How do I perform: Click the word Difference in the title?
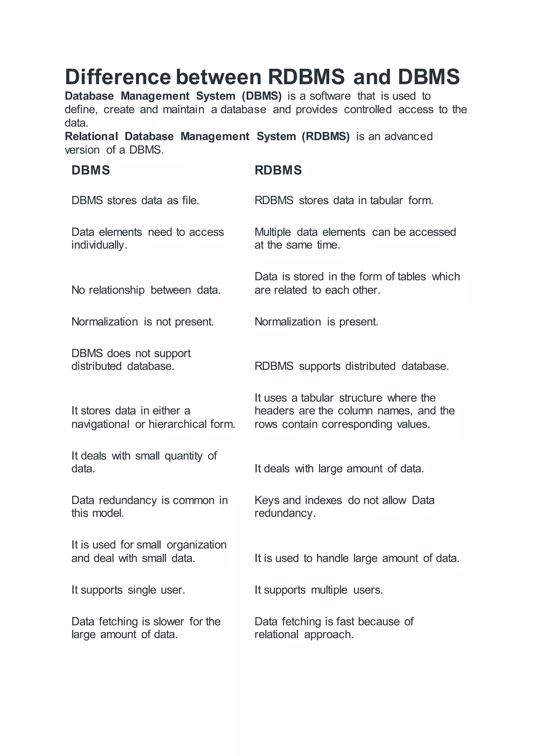click(118, 77)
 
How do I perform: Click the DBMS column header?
click(91, 170)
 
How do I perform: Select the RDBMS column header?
click(278, 170)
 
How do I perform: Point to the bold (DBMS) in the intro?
click(262, 96)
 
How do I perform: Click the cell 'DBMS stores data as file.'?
click(135, 200)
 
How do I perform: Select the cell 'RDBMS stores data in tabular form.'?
click(344, 200)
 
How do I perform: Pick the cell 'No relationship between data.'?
click(146, 290)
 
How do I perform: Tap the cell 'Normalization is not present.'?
click(143, 322)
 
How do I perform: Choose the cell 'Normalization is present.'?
click(316, 322)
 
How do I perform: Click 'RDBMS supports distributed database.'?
click(351, 366)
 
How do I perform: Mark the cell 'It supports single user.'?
click(128, 590)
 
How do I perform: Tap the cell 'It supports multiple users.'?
click(319, 590)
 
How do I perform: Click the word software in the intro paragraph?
click(330, 96)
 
